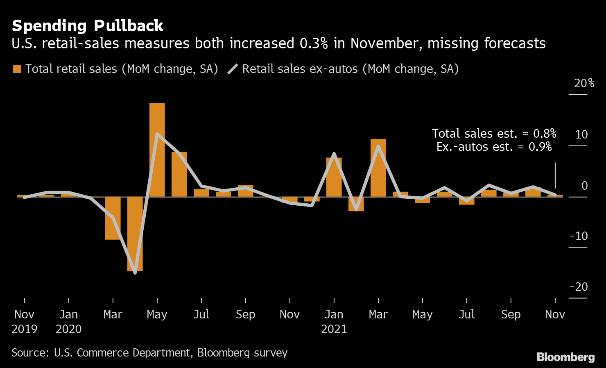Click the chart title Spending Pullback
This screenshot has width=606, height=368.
pos(88,26)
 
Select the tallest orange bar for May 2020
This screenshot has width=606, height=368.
pos(157,150)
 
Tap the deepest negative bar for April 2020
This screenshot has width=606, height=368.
pos(135,234)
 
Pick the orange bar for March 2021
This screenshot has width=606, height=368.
pos(378,168)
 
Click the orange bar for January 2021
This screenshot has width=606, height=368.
pos(334,177)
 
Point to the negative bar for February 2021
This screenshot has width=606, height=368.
pos(356,204)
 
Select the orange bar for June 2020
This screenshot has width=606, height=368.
pos(179,174)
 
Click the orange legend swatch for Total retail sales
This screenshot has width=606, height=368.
pos(17,69)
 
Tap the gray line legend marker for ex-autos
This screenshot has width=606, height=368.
pos(233,69)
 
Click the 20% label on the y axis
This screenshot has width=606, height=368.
pos(584,84)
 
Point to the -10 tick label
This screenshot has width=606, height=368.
pos(579,236)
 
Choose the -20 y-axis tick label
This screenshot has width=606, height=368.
pos(579,287)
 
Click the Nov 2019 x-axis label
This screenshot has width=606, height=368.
pos(25,321)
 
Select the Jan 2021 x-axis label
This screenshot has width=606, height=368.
pos(334,321)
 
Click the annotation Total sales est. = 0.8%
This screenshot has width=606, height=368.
pos(494,134)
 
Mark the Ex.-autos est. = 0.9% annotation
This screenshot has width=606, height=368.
pos(494,147)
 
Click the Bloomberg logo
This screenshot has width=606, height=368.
pos(565,357)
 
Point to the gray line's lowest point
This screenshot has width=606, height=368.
pos(135,273)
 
